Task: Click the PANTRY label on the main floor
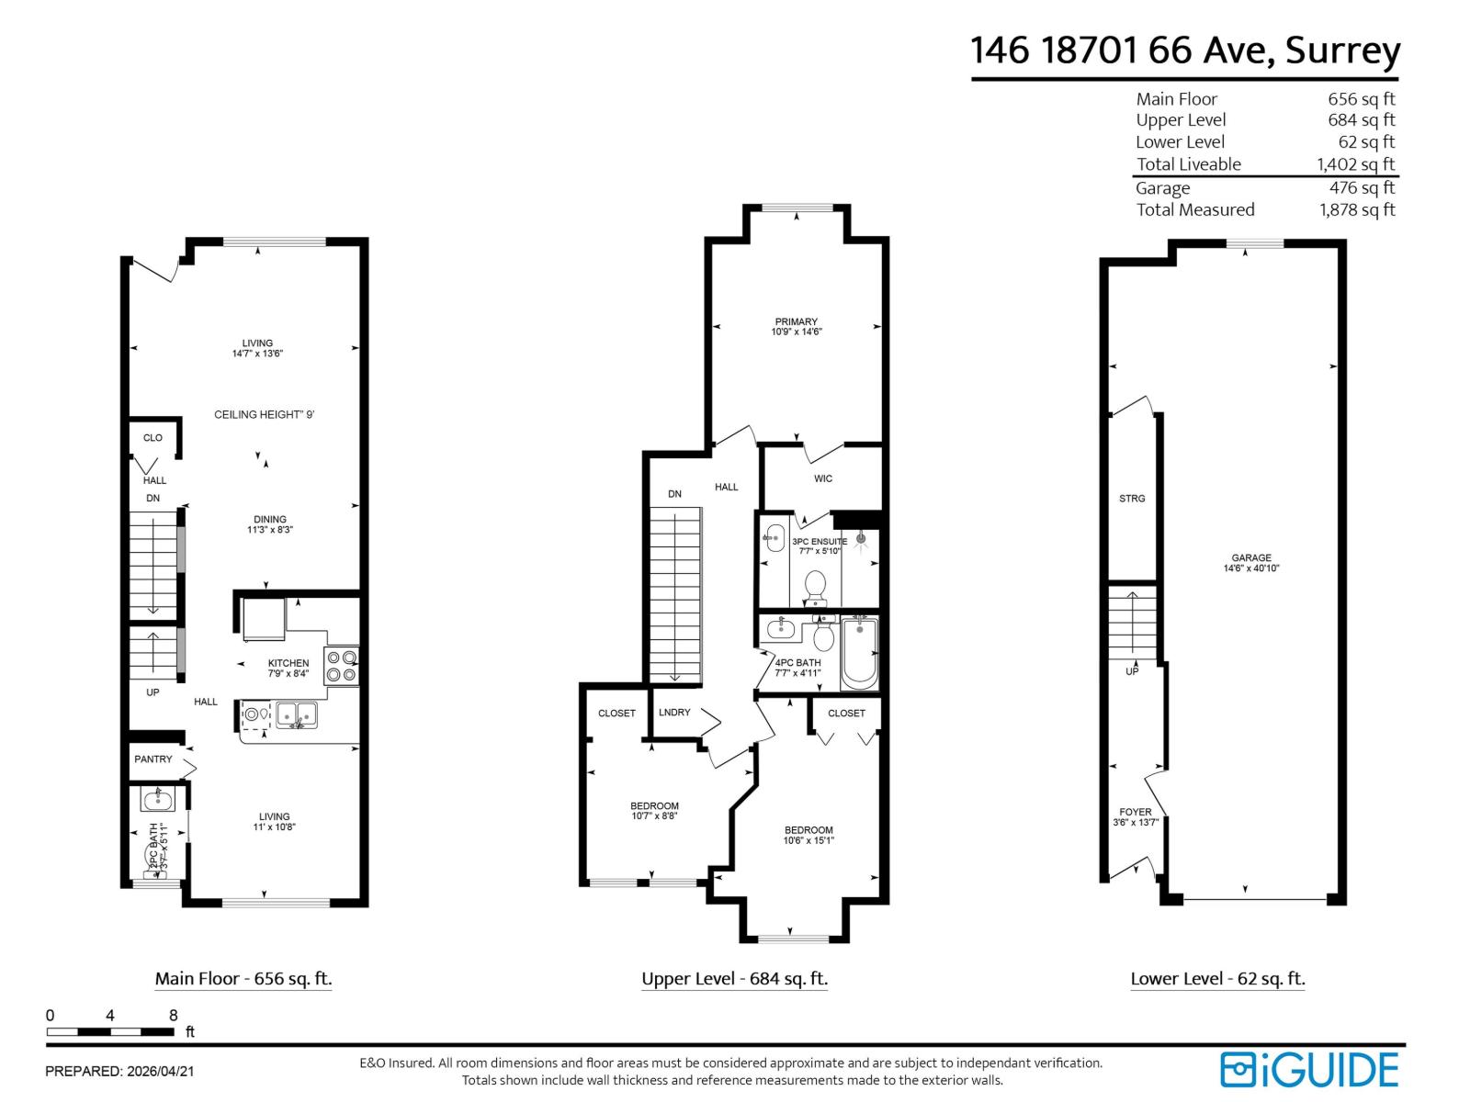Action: point(153,759)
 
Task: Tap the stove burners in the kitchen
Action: point(342,666)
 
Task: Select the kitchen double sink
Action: point(296,714)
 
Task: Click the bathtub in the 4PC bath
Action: point(859,653)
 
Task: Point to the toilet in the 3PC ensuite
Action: point(815,586)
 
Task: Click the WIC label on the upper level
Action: point(822,478)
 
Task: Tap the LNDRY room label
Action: point(674,713)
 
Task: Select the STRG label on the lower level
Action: point(1132,499)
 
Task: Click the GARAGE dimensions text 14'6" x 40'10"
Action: point(1251,568)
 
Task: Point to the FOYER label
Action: point(1136,812)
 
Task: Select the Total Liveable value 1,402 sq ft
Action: point(1356,164)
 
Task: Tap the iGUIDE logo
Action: point(1309,1070)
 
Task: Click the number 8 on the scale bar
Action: point(173,1016)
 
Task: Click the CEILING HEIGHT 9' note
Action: point(265,415)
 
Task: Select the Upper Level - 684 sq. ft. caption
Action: point(734,979)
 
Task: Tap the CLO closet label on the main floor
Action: point(153,438)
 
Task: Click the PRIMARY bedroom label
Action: point(796,321)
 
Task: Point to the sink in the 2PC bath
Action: point(157,800)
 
